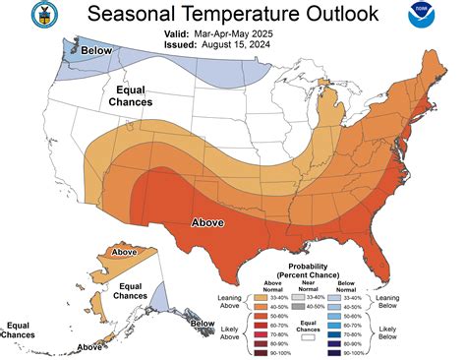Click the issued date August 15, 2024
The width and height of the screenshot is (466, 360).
(258, 44)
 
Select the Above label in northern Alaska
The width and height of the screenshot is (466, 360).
(124, 252)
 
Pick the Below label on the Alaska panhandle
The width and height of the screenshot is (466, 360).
(202, 323)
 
